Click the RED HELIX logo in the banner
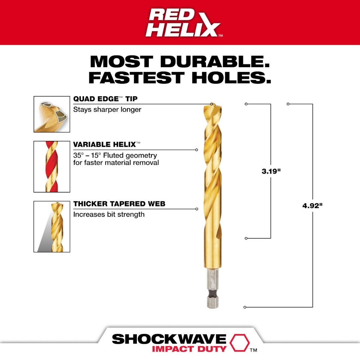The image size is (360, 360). (x=183, y=22)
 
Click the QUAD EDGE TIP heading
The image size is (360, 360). (x=105, y=99)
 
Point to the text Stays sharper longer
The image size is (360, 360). (x=107, y=109)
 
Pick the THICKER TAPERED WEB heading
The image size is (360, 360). (x=119, y=204)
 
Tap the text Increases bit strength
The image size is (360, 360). (x=109, y=215)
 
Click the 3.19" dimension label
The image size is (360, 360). (x=269, y=171)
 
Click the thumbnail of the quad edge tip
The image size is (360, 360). (x=52, y=114)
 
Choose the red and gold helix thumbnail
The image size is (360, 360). (x=52, y=167)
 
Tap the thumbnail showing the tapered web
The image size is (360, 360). (x=52, y=226)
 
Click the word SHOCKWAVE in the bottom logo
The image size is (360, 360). (x=169, y=339)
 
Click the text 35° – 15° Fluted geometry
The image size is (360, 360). (x=115, y=155)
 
